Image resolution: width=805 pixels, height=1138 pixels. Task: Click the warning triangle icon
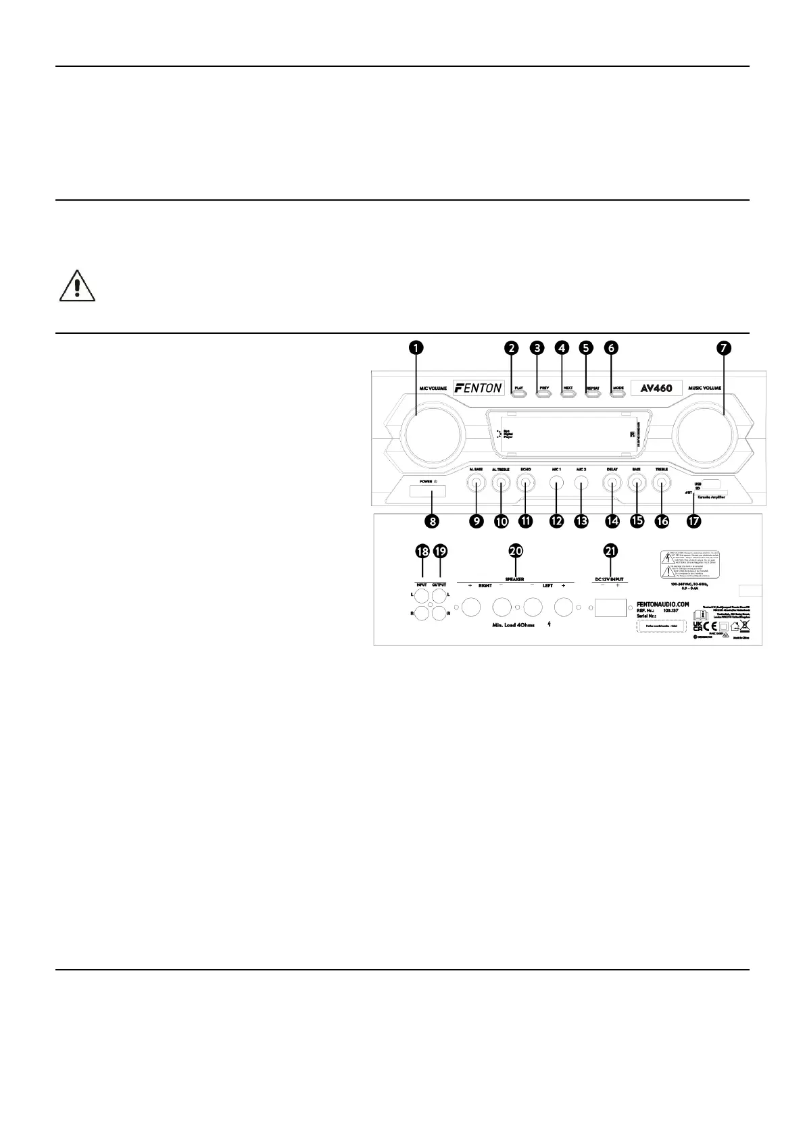pos(77,286)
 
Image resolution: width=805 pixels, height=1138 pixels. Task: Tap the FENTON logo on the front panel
pos(479,388)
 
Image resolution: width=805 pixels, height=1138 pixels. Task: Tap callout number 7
pos(723,347)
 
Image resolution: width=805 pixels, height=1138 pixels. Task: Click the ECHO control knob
pos(526,483)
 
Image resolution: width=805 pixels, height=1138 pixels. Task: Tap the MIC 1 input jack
pos(556,483)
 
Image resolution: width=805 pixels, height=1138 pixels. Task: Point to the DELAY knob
pos(612,483)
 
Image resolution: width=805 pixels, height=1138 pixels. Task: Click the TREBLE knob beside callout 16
pos(662,483)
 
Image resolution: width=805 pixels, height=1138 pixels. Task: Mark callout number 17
pos(693,521)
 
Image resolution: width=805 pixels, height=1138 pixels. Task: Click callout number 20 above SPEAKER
pos(516,551)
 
